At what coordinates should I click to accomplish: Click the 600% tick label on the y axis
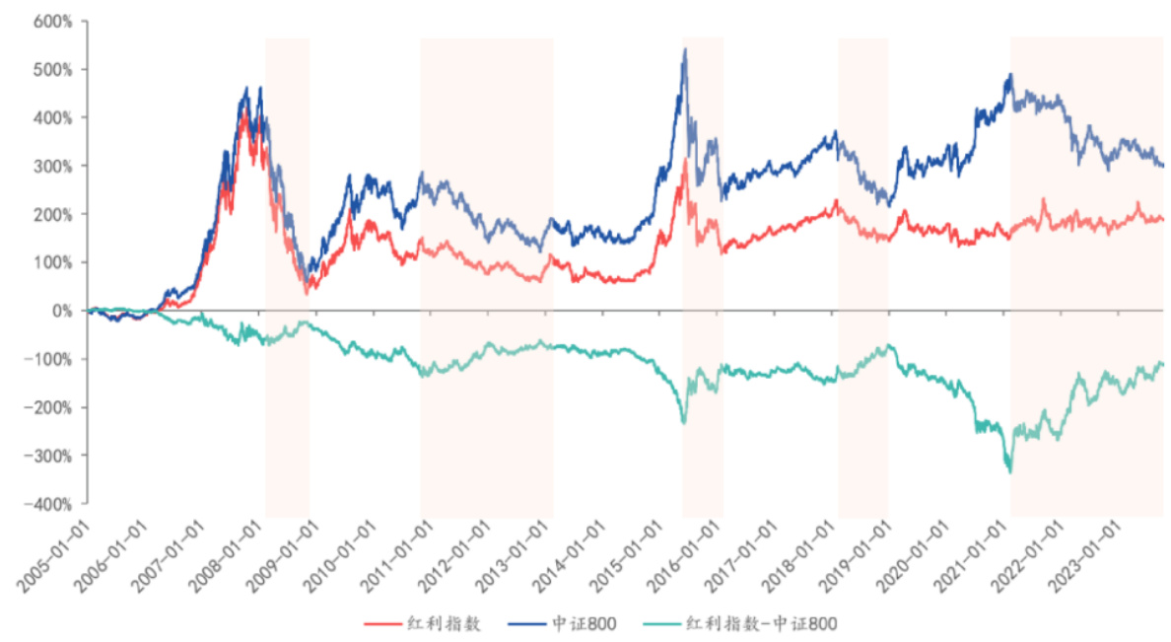[x=55, y=21]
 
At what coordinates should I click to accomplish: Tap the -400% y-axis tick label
[x=51, y=504]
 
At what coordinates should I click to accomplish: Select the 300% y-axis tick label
[x=55, y=166]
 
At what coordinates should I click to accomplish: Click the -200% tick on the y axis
[x=51, y=407]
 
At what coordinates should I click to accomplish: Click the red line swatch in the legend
[x=382, y=623]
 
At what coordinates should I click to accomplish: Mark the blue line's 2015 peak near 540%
[x=685, y=49]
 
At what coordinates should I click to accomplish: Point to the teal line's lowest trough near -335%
[x=1009, y=472]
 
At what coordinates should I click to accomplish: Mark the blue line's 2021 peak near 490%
[x=1010, y=74]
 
